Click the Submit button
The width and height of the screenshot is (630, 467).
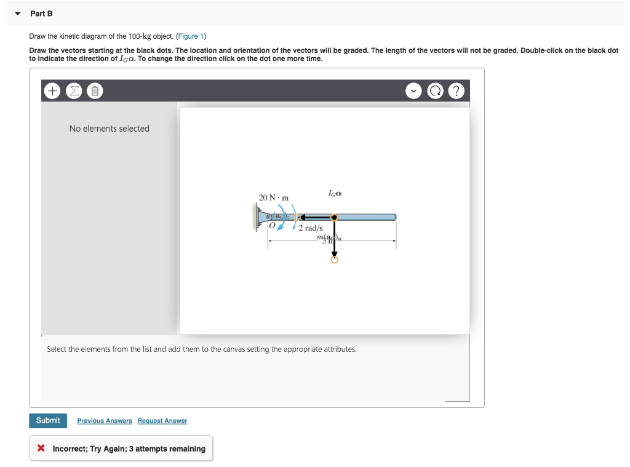click(47, 420)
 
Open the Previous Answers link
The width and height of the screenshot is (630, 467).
click(105, 421)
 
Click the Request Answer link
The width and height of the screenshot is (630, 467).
click(162, 421)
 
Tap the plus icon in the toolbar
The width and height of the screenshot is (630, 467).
click(53, 92)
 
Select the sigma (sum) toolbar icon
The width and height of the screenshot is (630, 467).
click(73, 92)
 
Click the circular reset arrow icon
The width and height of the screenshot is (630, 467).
click(435, 92)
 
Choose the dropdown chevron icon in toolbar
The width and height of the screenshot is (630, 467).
click(415, 92)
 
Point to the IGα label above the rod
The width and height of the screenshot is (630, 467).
click(335, 193)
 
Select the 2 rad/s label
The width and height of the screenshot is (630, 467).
click(311, 228)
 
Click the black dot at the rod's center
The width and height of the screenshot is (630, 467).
click(334, 217)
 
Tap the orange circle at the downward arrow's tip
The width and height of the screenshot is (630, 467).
click(334, 260)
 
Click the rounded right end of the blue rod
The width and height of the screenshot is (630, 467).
click(394, 217)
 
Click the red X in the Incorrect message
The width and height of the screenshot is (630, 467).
click(41, 449)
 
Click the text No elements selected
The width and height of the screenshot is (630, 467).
click(110, 129)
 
